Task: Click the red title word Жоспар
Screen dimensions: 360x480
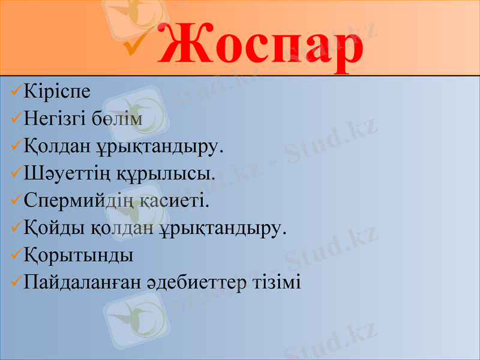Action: click(x=261, y=43)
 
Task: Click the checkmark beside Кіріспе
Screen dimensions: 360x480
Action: click(x=16, y=92)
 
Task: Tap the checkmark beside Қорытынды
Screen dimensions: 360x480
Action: click(x=16, y=255)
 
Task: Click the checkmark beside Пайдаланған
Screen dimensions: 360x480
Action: click(x=16, y=282)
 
